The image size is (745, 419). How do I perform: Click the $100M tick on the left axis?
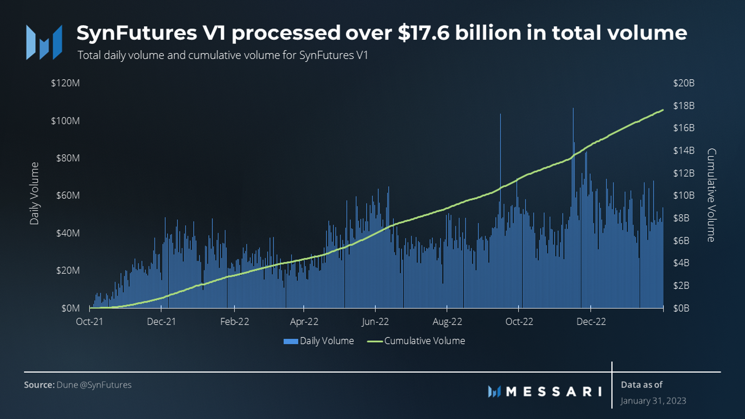(x=65, y=121)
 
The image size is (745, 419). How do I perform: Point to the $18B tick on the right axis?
(x=683, y=106)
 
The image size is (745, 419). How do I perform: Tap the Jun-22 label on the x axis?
(x=375, y=322)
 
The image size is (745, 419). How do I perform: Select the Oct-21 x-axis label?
(x=89, y=322)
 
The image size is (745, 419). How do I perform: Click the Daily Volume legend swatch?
(x=290, y=341)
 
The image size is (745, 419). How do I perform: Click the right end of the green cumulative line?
(x=662, y=110)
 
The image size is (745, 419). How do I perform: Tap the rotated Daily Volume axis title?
(x=34, y=194)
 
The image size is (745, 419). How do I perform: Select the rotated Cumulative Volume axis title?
(x=712, y=195)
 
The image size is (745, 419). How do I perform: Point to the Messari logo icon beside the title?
(x=44, y=42)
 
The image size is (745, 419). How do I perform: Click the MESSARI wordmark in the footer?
(x=554, y=392)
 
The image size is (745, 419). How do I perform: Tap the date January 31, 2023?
(x=653, y=401)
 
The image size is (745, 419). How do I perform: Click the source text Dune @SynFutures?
(x=94, y=385)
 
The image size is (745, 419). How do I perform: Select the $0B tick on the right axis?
(x=681, y=308)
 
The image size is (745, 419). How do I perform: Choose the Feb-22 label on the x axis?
(x=234, y=322)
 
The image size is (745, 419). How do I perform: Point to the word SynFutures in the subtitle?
(x=326, y=55)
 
